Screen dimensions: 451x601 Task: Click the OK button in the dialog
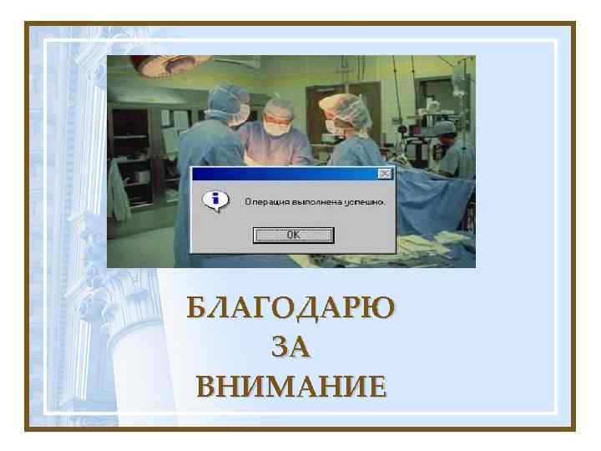[x=293, y=235]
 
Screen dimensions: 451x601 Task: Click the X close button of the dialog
[x=384, y=174]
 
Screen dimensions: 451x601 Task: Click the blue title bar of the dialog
[x=284, y=174]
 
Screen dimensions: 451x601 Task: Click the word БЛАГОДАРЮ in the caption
[x=290, y=307]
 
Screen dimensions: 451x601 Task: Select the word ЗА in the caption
[x=290, y=347]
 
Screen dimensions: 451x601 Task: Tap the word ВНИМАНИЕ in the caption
[x=290, y=387]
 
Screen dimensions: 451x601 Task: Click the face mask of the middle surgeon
[x=274, y=128]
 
